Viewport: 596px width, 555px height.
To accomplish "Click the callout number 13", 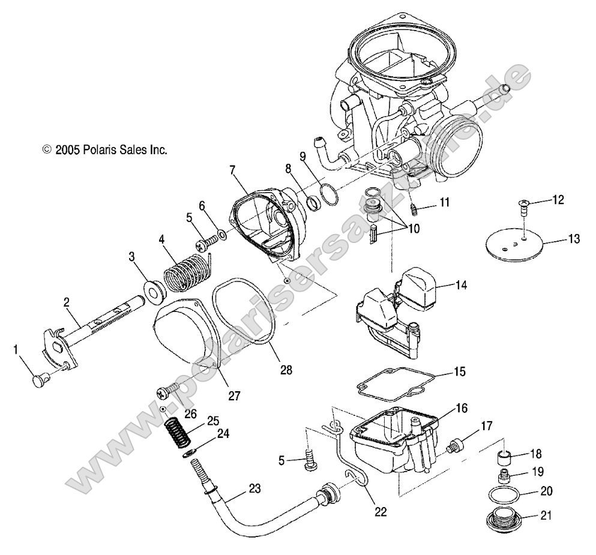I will pos(574,240).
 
